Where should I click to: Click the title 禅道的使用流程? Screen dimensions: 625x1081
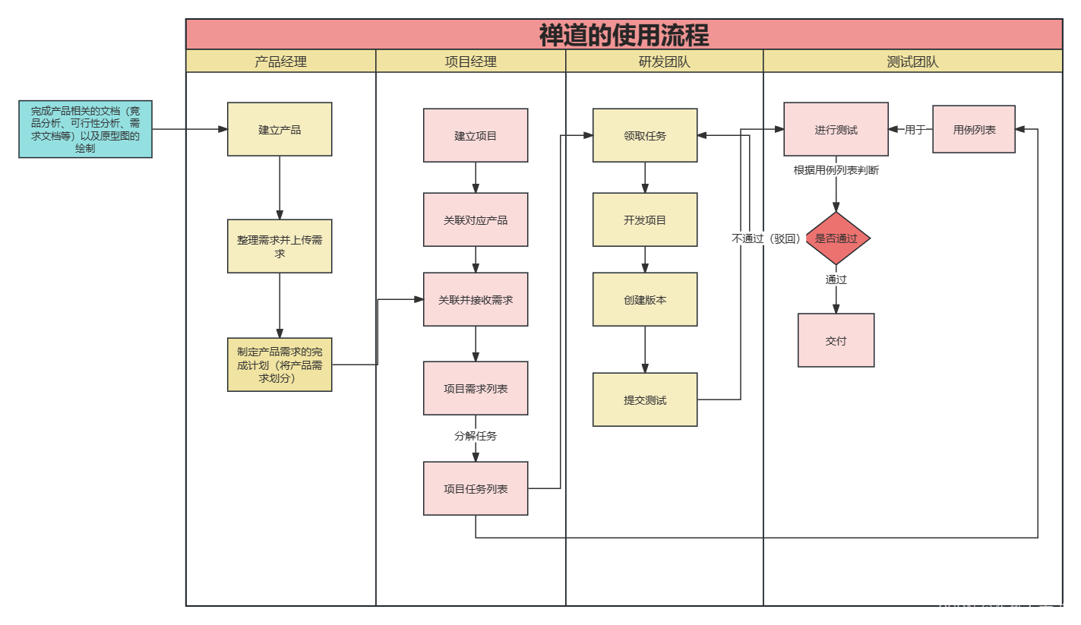(x=624, y=35)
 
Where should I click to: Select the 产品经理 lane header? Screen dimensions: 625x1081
(x=280, y=62)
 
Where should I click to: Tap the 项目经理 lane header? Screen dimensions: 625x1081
(x=470, y=62)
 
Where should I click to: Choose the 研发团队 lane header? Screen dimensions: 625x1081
(x=664, y=62)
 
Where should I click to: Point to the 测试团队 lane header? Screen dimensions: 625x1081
(x=912, y=62)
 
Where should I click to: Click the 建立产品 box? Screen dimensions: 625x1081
(x=280, y=129)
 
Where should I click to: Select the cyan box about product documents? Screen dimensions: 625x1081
(x=85, y=129)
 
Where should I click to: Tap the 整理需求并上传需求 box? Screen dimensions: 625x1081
(x=280, y=246)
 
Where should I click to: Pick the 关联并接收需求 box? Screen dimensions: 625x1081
(x=476, y=299)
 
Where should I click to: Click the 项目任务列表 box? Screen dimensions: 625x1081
(x=476, y=488)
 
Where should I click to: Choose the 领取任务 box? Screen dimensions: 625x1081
(x=645, y=135)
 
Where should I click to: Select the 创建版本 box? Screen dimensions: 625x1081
(x=645, y=299)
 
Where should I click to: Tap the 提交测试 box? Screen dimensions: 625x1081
(x=645, y=399)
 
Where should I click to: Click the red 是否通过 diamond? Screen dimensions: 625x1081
(x=836, y=238)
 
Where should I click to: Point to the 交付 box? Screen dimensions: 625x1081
(x=836, y=340)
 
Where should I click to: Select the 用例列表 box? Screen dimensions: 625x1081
(x=974, y=129)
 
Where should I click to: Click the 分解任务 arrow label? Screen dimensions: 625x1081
(x=476, y=436)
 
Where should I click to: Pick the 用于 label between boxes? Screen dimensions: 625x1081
(x=915, y=130)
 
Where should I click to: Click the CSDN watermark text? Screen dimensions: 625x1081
(x=1003, y=609)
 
